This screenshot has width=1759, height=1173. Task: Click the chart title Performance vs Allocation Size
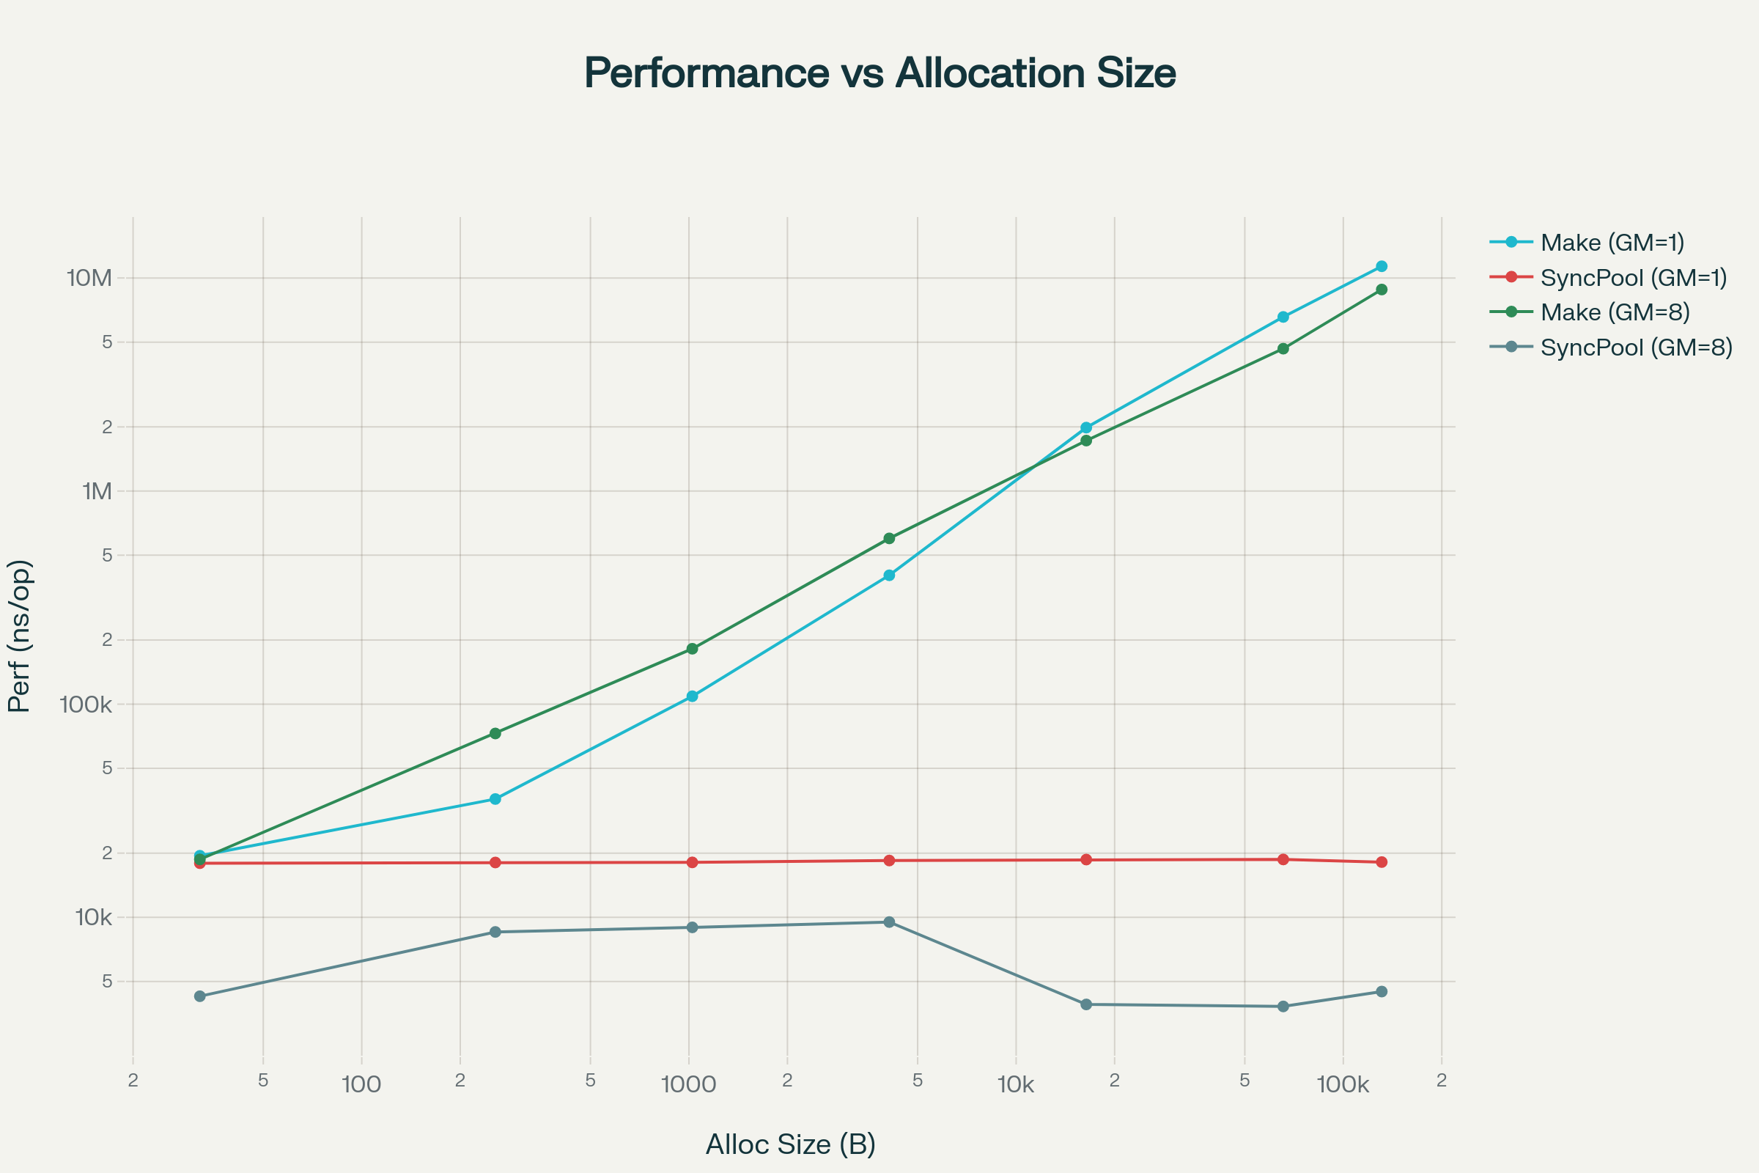click(x=879, y=73)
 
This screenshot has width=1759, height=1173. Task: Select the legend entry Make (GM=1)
click(x=1612, y=243)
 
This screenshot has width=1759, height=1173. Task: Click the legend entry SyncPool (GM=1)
click(x=1634, y=278)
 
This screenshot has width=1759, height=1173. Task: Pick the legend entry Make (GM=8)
click(x=1615, y=312)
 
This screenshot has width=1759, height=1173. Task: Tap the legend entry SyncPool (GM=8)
click(x=1637, y=347)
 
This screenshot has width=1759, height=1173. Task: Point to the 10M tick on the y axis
click(x=89, y=279)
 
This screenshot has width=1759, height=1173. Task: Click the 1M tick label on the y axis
click(x=97, y=491)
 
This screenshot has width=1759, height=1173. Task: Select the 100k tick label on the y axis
click(x=86, y=705)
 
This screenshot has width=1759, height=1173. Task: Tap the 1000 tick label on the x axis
click(x=689, y=1085)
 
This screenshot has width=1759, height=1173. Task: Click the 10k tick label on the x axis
click(x=1016, y=1085)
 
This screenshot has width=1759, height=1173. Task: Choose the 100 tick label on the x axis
click(x=361, y=1085)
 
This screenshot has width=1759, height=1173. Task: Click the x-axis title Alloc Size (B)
click(x=791, y=1144)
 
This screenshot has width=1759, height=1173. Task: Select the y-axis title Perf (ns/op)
click(x=20, y=636)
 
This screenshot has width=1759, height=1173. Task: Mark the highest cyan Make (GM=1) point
click(x=1382, y=266)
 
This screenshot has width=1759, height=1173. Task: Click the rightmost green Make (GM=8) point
click(x=1382, y=290)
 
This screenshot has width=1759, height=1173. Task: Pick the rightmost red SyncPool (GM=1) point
click(x=1382, y=862)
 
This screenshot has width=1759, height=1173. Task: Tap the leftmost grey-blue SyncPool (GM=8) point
click(x=199, y=996)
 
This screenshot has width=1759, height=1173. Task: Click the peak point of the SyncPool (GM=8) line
click(x=889, y=922)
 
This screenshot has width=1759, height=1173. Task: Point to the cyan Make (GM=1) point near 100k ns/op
click(x=693, y=696)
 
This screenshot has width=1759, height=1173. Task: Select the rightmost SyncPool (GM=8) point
click(x=1382, y=991)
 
